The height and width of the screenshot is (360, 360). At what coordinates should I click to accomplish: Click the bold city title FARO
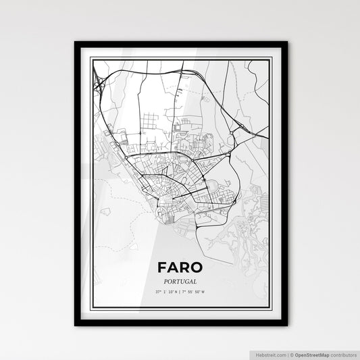[x=180, y=267]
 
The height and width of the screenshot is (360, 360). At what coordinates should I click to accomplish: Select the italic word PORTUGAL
[x=180, y=281]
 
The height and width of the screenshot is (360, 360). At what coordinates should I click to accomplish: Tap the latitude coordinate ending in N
[x=164, y=292]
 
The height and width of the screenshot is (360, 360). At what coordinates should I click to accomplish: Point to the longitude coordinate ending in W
[x=197, y=292]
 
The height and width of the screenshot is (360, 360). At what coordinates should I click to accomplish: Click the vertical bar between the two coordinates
[x=180, y=292]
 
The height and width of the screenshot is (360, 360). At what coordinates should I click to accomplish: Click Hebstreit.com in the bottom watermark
[x=271, y=353]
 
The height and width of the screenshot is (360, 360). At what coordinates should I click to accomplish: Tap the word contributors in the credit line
[x=342, y=353]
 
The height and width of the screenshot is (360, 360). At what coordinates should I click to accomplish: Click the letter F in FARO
[x=161, y=267]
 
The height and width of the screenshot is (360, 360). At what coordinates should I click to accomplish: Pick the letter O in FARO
[x=199, y=267]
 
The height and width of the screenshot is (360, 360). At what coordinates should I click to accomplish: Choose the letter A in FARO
[x=173, y=267]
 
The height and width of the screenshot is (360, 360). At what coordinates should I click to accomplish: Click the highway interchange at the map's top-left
[x=99, y=85]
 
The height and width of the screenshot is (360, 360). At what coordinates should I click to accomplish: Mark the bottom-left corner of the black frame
[x=76, y=325]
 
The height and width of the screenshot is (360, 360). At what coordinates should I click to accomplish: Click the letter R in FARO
[x=186, y=267]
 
